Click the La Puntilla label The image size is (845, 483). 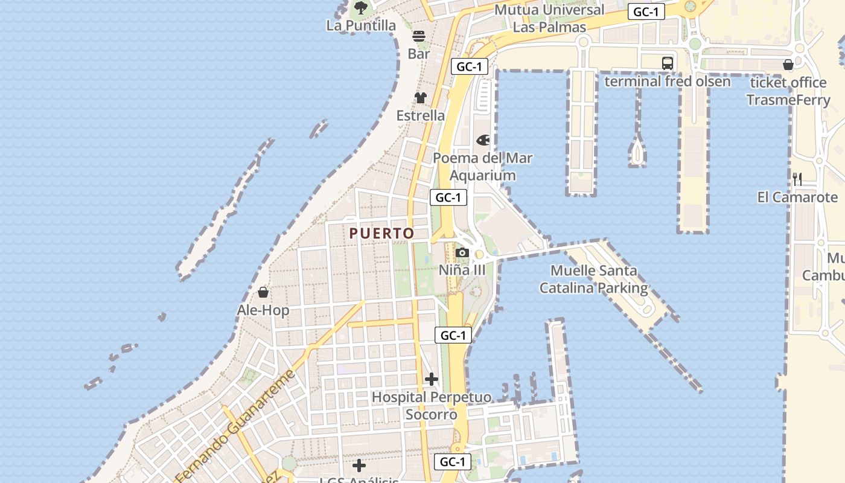tap(361, 25)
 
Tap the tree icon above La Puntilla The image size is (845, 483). tap(361, 8)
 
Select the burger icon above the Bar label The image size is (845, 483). tap(419, 36)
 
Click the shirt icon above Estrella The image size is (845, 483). tap(421, 98)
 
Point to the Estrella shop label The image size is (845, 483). tap(421, 115)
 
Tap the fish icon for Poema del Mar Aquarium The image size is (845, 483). tap(483, 140)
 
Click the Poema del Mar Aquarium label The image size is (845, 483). tap(483, 167)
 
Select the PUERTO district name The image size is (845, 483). tap(382, 233)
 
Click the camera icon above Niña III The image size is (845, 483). tap(462, 252)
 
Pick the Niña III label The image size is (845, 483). tap(462, 270)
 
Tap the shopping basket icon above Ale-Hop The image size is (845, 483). tap(263, 293)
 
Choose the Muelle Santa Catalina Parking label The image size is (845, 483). tap(594, 280)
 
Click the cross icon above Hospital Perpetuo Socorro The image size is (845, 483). tap(432, 379)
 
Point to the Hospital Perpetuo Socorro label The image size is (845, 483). tap(431, 406)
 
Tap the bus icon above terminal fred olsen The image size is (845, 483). tap(668, 63)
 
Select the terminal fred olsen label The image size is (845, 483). tap(668, 81)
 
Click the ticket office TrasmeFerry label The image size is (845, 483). tap(788, 91)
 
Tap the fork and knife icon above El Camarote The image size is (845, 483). tap(797, 179)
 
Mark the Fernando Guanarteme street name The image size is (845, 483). tap(235, 425)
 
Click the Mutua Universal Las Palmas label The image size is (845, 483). tap(549, 18)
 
